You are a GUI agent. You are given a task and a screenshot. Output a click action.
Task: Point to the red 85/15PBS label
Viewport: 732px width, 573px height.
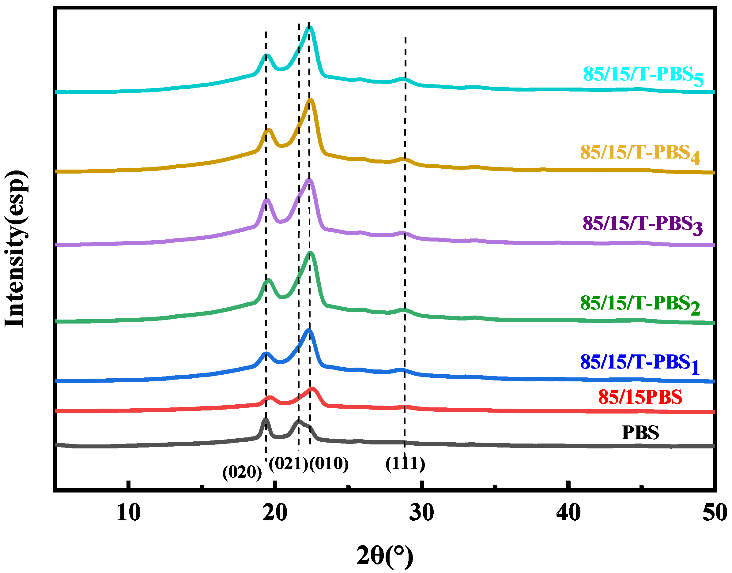pyautogui.click(x=640, y=397)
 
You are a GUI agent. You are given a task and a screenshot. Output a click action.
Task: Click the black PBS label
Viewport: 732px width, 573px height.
pyautogui.click(x=640, y=433)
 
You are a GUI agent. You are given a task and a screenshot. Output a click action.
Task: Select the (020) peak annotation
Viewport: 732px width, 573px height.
pyautogui.click(x=242, y=473)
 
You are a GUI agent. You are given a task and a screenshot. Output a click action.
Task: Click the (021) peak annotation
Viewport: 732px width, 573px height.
pyautogui.click(x=288, y=464)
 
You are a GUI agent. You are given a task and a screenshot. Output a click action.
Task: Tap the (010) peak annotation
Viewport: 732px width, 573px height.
pyautogui.click(x=329, y=464)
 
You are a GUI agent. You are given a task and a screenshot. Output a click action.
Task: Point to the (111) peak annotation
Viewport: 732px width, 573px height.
pyautogui.click(x=405, y=464)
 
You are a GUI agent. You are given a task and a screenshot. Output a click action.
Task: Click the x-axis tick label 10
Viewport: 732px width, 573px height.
pyautogui.click(x=129, y=513)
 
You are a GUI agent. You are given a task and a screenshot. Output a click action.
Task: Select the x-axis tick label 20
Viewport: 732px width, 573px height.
pyautogui.click(x=275, y=513)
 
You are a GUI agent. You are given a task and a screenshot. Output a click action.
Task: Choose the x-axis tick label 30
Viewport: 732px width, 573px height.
pyautogui.click(x=421, y=513)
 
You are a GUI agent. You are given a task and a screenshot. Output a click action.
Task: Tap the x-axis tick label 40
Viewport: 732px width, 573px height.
pyautogui.click(x=568, y=513)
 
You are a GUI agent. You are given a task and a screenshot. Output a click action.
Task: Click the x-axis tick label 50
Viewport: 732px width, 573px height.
pyautogui.click(x=714, y=513)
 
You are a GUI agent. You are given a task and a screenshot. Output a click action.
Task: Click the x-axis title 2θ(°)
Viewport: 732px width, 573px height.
pyautogui.click(x=385, y=556)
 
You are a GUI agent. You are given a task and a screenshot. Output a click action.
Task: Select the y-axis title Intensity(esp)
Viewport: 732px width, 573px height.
pyautogui.click(x=15, y=249)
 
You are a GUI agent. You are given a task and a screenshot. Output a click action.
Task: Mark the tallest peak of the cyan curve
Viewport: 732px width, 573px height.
pyautogui.click(x=309, y=28)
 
